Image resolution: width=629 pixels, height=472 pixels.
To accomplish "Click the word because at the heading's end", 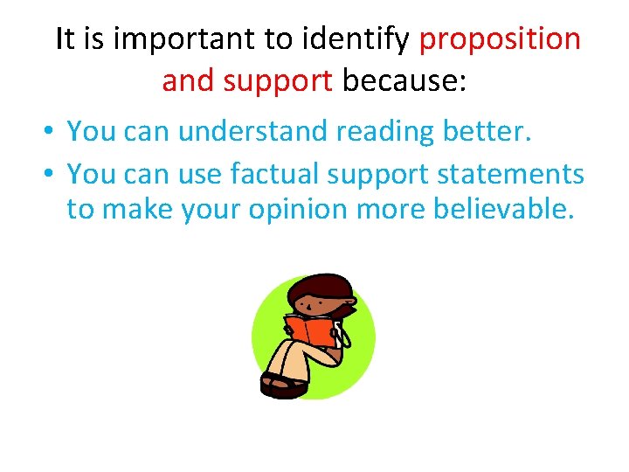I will click(x=404, y=81).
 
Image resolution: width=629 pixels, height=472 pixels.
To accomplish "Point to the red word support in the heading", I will click(x=278, y=81).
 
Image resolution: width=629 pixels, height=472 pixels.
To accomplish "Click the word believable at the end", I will click(x=495, y=211).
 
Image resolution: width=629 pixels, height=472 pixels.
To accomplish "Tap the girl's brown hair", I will click(x=325, y=287).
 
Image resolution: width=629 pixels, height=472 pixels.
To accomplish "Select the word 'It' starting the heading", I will click(x=64, y=39).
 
